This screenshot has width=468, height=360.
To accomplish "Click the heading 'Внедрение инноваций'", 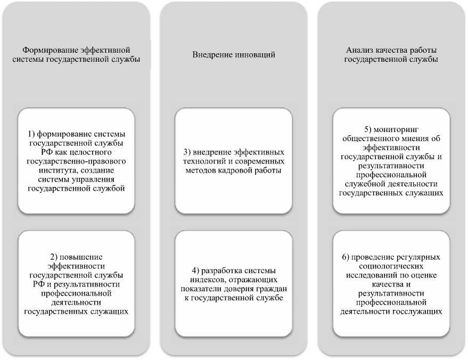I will point(234,55).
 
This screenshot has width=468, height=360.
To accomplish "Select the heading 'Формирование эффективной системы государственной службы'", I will point(76,55).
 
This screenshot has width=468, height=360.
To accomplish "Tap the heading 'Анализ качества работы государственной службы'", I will point(391,55).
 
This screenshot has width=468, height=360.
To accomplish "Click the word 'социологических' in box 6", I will point(391,267).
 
